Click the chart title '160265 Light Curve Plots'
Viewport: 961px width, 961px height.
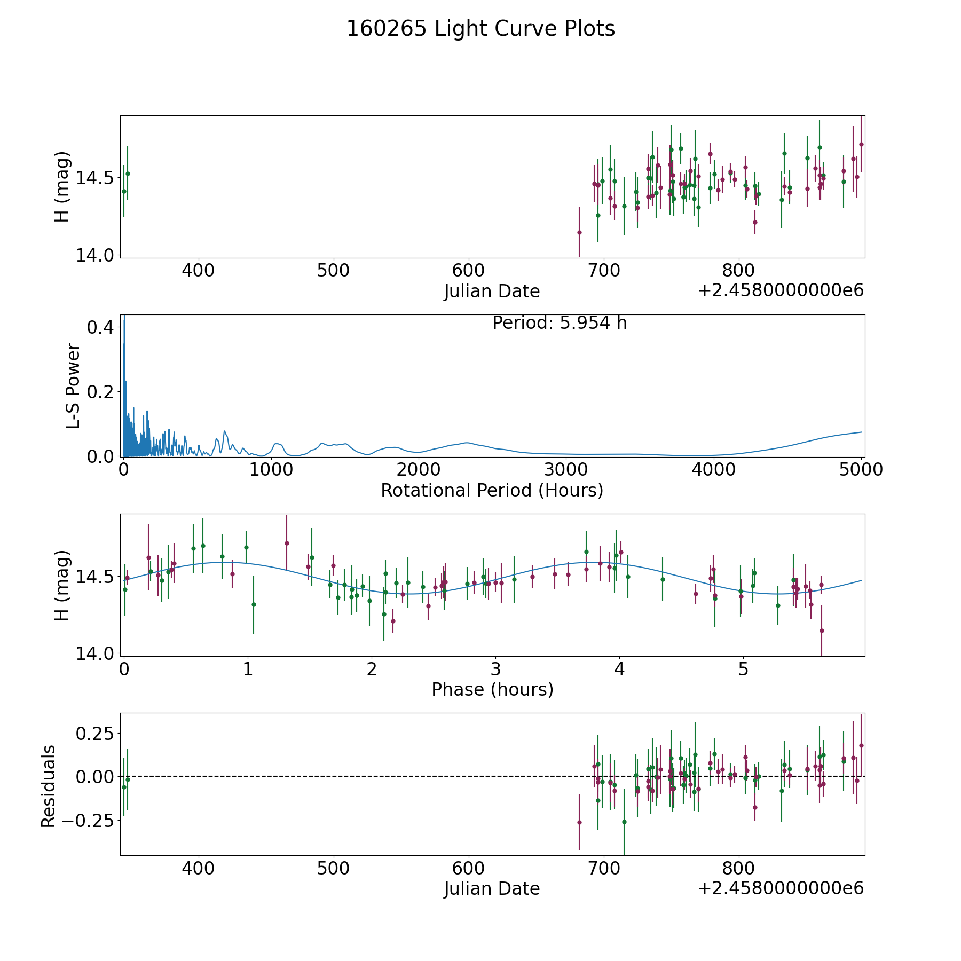coord(480,29)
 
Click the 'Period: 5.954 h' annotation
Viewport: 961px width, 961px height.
coord(560,323)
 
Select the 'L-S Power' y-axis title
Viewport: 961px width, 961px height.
coord(73,385)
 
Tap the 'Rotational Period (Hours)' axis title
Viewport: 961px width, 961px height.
coord(492,490)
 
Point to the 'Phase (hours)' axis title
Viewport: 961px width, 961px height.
coord(492,689)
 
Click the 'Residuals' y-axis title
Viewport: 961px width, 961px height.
coord(48,786)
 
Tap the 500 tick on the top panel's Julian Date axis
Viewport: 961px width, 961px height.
coord(333,271)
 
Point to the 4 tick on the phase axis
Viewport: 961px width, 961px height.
coord(619,669)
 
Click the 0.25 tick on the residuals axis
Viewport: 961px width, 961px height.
coord(95,733)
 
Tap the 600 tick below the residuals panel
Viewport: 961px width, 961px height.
coord(468,869)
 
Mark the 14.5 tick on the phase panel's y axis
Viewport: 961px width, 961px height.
coord(90,577)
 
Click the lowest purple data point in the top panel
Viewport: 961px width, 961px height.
coord(579,232)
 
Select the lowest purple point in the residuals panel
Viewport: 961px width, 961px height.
coord(579,823)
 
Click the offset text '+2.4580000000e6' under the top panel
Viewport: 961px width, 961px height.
coord(781,291)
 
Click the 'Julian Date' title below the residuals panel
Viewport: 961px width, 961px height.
coord(492,889)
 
